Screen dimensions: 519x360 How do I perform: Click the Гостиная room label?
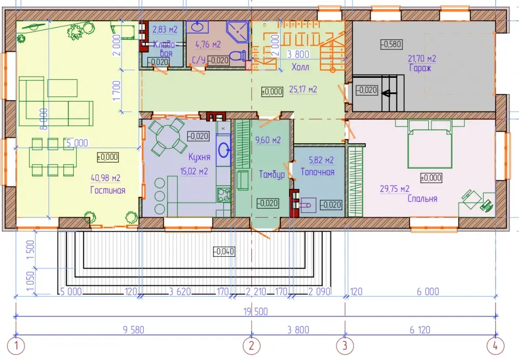[108, 190]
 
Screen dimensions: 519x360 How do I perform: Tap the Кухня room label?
[199, 157]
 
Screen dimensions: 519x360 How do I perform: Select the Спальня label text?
[422, 199]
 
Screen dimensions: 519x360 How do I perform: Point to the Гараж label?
[420, 68]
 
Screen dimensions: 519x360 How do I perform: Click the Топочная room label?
[318, 172]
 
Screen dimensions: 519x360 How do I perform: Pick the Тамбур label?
[272, 174]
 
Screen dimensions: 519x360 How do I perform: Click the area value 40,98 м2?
[105, 178]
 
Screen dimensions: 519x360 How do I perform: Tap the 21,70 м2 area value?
[422, 59]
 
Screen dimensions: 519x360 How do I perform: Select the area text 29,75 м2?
[394, 189]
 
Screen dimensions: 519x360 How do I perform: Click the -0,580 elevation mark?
[391, 44]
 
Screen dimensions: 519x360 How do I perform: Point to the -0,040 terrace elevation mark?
[224, 252]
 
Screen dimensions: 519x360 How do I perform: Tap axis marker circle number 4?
[496, 346]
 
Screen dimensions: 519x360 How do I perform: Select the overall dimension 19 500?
[255, 311]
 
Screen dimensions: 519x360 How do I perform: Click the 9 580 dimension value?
[133, 330]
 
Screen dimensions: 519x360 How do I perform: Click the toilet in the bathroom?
[239, 56]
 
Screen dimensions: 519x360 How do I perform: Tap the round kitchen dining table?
[168, 136]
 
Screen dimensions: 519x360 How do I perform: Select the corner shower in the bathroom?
[238, 32]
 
